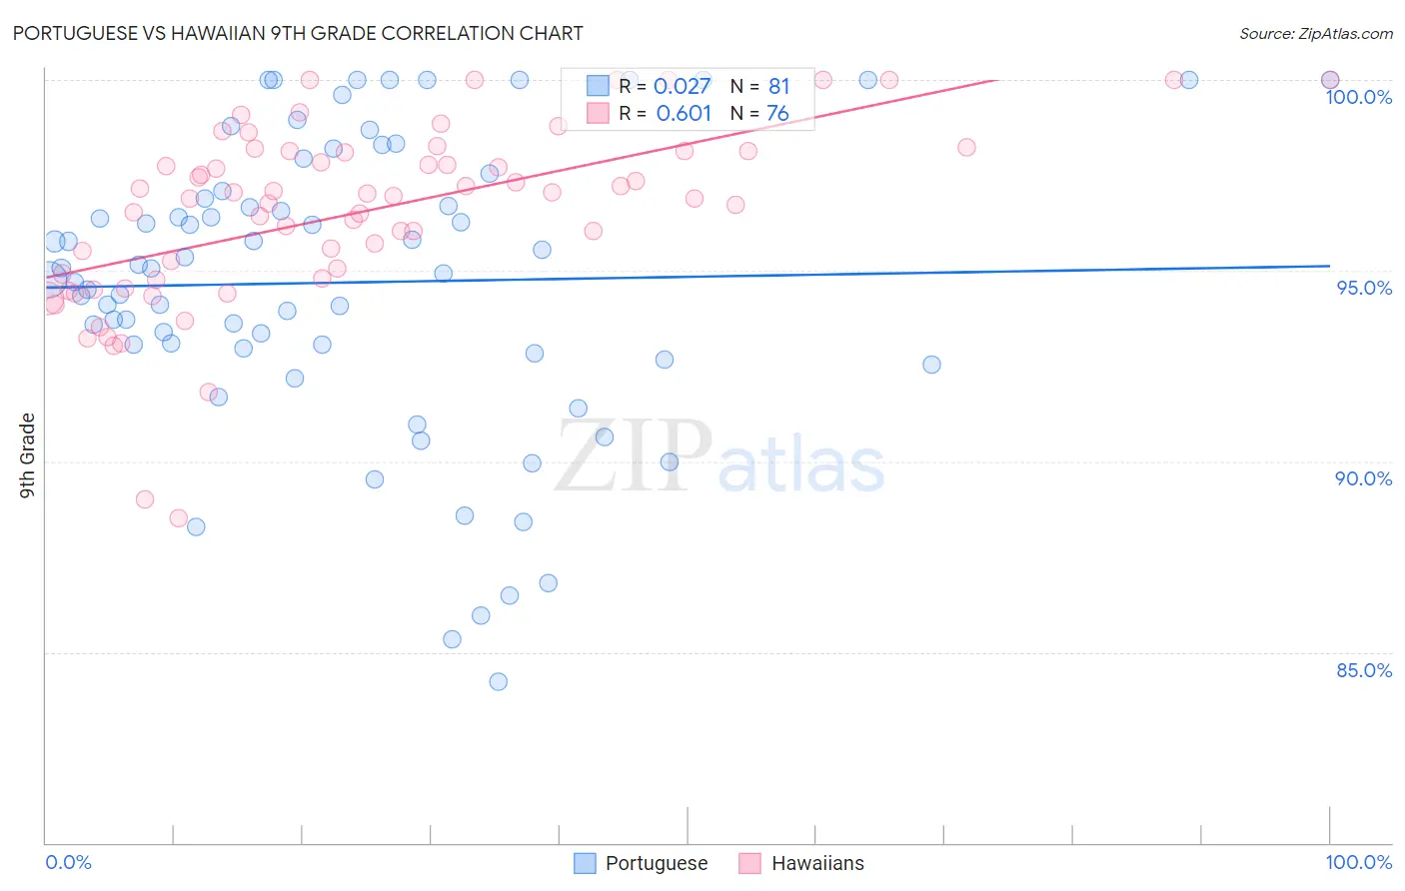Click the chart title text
[297, 33]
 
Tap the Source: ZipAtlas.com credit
[1315, 33]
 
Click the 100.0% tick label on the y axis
[1358, 97]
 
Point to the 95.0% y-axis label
[1363, 288]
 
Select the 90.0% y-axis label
[1363, 478]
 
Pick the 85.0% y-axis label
[1363, 670]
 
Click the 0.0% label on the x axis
[68, 862]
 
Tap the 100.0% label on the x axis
[1358, 862]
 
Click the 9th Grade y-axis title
[28, 455]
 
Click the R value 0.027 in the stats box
[682, 86]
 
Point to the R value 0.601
[684, 113]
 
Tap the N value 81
[778, 86]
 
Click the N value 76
[777, 113]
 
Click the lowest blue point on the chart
[498, 681]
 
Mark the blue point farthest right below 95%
[931, 365]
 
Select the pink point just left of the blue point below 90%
[178, 517]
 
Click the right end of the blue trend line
[1329, 266]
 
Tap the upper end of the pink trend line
[994, 80]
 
